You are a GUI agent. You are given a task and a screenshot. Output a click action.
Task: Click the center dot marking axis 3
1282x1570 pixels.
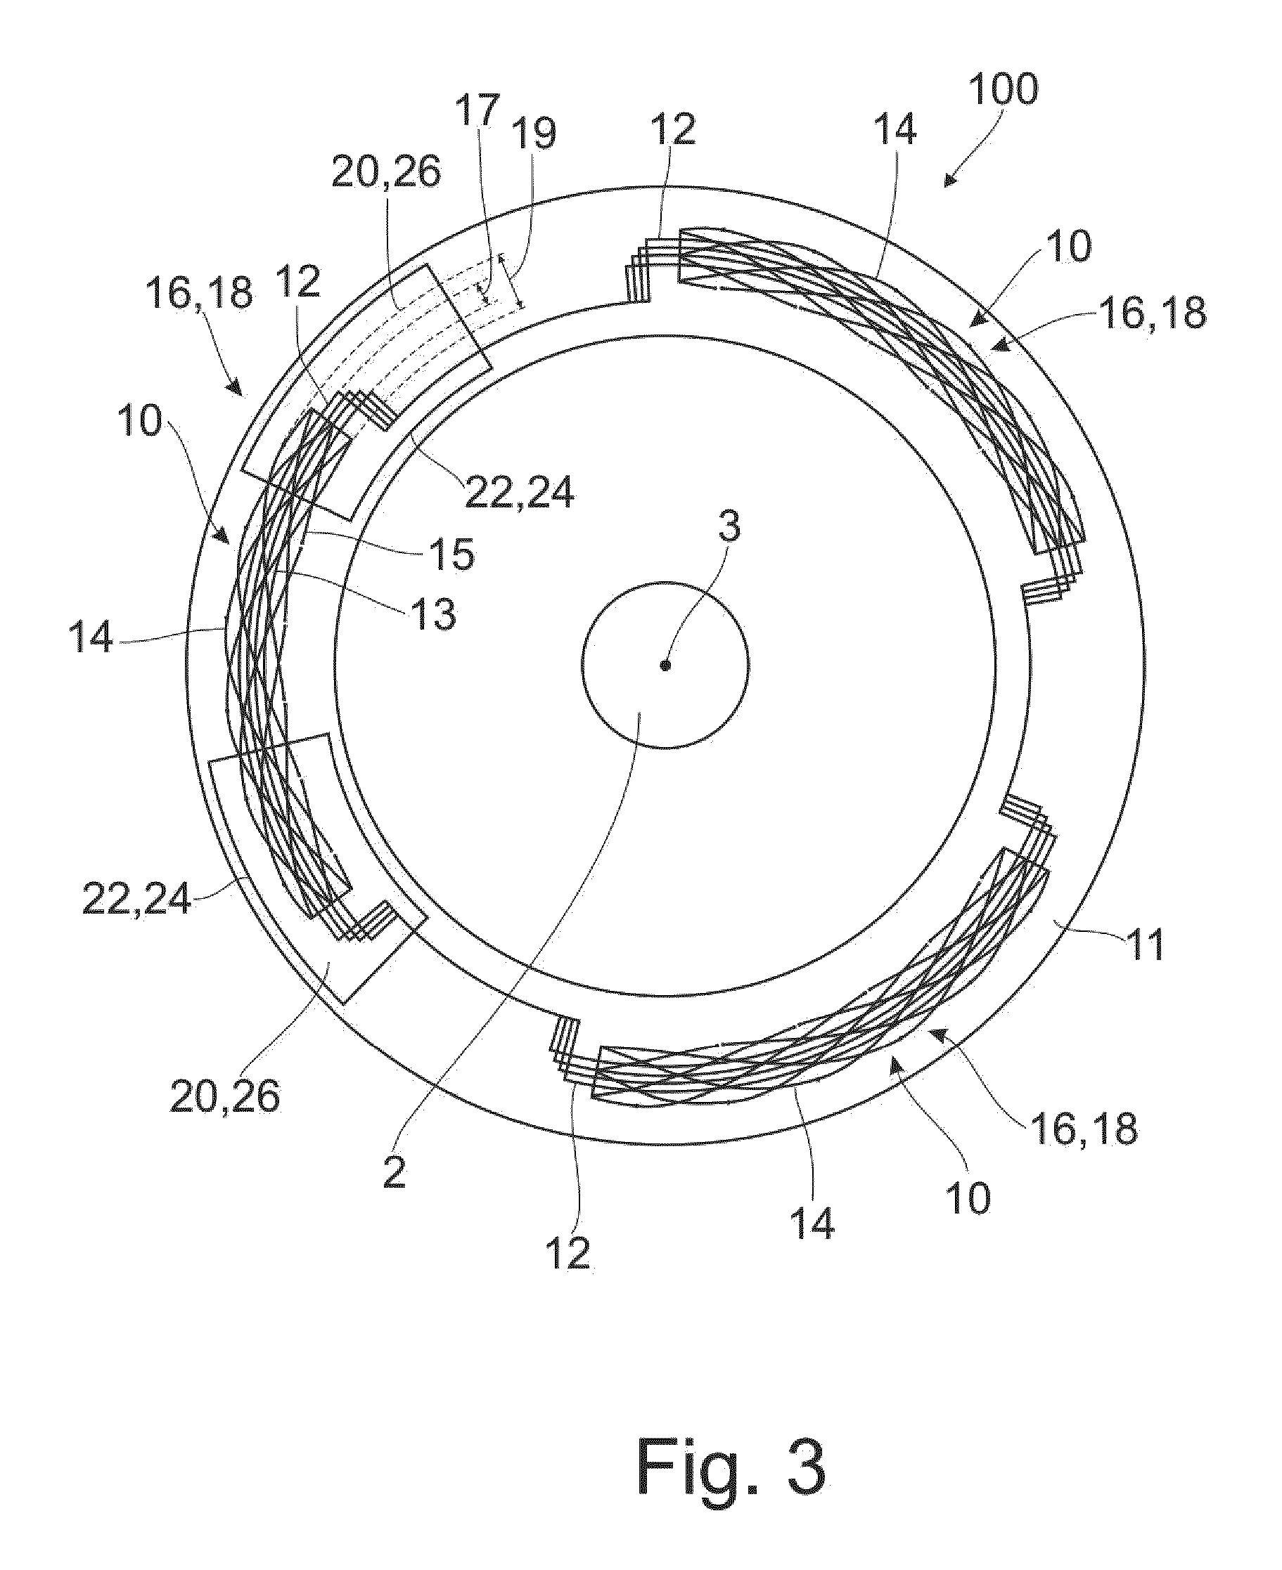pos(665,665)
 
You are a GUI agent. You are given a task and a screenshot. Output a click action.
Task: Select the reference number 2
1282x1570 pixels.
pos(395,1172)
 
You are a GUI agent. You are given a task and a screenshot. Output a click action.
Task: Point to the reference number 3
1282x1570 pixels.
pos(729,529)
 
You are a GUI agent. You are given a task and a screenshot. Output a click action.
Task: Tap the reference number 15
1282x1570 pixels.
pos(452,555)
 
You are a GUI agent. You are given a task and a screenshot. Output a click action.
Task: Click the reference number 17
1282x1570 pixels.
pos(477,111)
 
